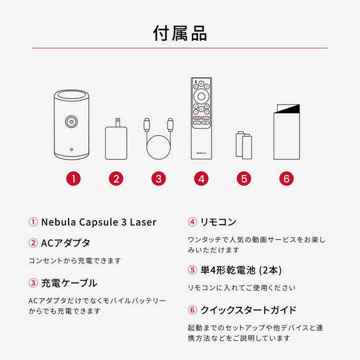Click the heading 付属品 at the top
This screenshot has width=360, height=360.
[x=180, y=33]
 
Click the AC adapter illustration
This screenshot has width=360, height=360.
[x=116, y=141]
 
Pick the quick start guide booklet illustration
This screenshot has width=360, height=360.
[x=286, y=134]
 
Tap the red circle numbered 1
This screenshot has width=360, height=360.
[x=73, y=179]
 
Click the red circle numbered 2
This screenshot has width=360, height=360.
[x=116, y=179]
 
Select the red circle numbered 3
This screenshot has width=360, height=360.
[x=159, y=179]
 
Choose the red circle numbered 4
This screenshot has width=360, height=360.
[x=200, y=179]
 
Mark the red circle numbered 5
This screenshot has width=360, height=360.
[x=244, y=179]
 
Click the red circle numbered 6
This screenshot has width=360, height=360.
[x=286, y=179]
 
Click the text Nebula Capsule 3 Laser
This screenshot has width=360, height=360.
[x=98, y=222]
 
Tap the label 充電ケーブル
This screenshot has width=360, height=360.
[x=69, y=283]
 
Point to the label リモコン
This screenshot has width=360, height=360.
[x=218, y=222]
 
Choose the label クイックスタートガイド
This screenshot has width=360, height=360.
[x=248, y=310]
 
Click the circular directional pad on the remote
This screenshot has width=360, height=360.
[x=200, y=97]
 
